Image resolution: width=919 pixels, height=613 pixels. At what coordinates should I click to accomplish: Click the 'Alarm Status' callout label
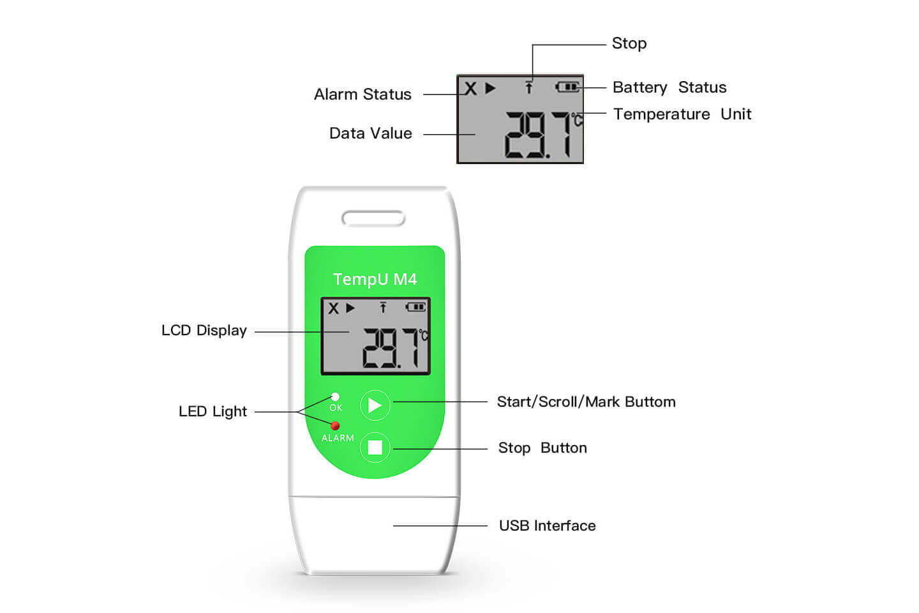[x=362, y=95]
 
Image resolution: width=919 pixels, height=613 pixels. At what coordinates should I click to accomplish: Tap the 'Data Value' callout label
[x=370, y=133]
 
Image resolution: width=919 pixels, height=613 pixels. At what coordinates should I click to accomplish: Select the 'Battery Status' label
[x=669, y=87]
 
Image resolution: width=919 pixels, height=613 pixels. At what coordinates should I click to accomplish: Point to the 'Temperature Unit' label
[x=682, y=114]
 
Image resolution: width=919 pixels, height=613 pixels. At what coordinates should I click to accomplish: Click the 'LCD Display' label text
[x=204, y=331]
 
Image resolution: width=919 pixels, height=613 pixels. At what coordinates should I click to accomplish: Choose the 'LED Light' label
[x=213, y=411]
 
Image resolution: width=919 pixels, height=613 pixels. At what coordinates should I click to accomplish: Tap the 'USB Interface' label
[x=548, y=526]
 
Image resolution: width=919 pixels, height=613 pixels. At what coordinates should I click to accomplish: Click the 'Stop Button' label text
[x=542, y=448]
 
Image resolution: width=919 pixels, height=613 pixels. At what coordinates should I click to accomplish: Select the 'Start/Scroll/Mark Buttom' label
[x=587, y=402]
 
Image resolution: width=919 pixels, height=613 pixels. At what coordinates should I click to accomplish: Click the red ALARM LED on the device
[x=335, y=426]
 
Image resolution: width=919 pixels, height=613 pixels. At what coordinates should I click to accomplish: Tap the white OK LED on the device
[x=335, y=397]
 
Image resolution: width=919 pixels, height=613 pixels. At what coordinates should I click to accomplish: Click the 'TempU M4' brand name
[x=375, y=280]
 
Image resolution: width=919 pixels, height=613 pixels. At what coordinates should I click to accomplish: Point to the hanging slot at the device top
[x=373, y=218]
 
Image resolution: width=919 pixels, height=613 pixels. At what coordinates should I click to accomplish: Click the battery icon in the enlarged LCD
[x=567, y=87]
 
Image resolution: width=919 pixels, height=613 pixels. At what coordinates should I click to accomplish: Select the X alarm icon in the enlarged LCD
[x=470, y=88]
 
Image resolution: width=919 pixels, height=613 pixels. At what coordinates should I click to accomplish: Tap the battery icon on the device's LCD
[x=415, y=306]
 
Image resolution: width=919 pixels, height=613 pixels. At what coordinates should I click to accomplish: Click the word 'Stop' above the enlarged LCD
[x=629, y=43]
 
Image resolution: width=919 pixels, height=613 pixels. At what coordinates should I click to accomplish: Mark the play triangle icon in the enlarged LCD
[x=490, y=88]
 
